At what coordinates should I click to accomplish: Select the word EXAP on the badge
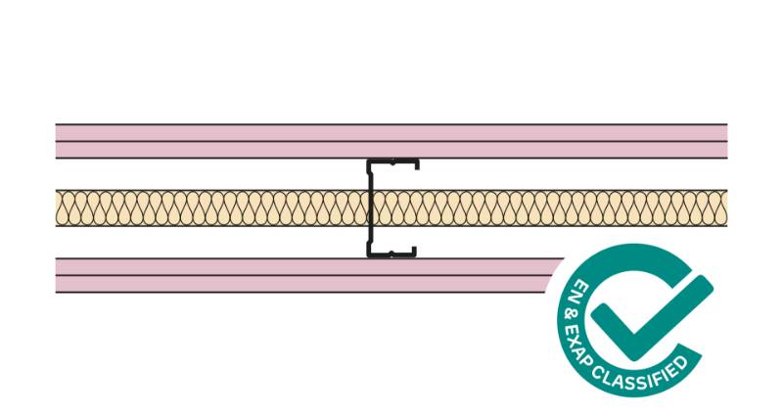click(x=577, y=342)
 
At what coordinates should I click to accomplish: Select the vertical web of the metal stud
click(x=370, y=208)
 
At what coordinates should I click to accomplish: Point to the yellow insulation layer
click(x=196, y=208)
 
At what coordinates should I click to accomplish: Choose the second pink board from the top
click(x=196, y=150)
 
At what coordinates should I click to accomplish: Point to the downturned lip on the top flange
click(x=418, y=164)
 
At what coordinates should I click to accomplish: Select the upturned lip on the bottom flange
click(x=414, y=251)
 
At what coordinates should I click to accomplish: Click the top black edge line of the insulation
click(x=196, y=190)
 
